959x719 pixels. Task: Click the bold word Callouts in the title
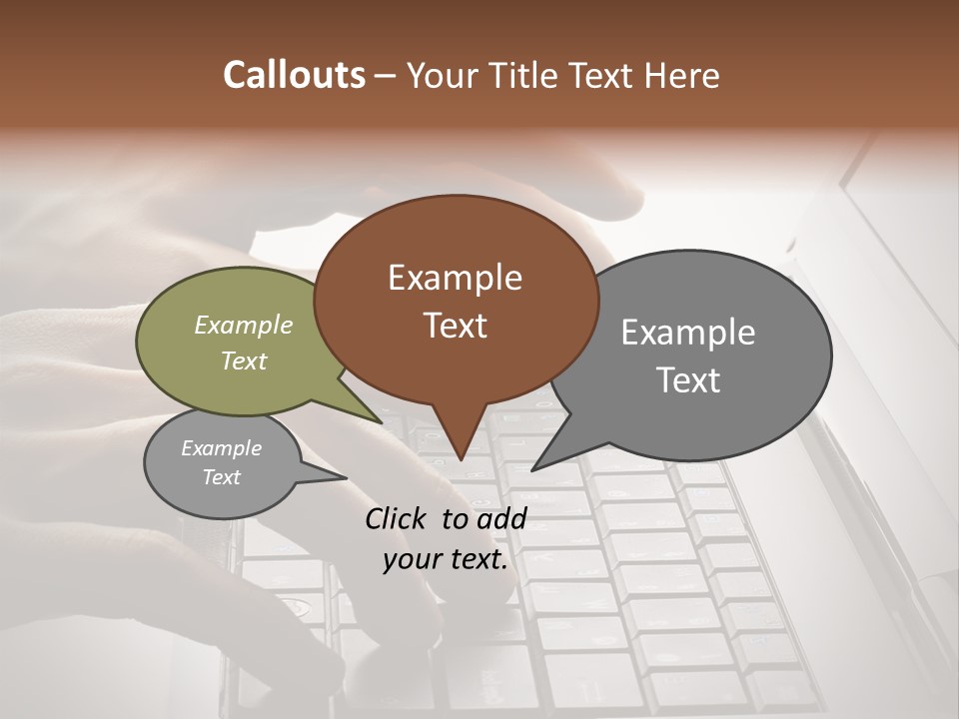coord(294,75)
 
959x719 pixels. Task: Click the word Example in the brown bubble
coord(455,278)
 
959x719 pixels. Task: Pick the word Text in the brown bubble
coord(455,325)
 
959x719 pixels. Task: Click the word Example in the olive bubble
coord(244,326)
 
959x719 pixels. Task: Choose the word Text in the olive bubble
coord(244,360)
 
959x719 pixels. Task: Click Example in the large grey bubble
coord(688,333)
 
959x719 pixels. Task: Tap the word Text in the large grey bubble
coord(688,380)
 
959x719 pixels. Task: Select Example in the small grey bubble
coord(221,448)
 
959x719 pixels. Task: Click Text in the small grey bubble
coord(221,477)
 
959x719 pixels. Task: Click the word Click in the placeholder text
coord(397,518)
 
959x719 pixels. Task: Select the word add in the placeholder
coord(501,518)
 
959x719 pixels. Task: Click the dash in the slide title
coord(386,76)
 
